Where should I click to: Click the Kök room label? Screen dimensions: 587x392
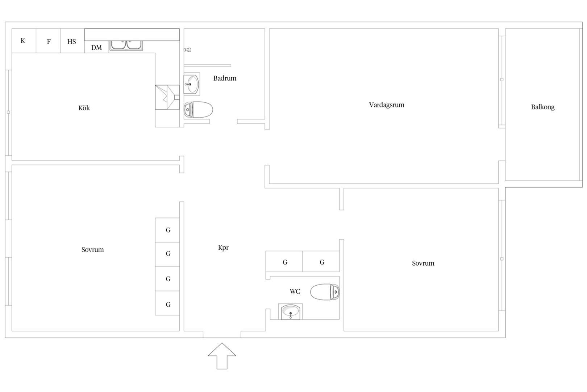(x=84, y=108)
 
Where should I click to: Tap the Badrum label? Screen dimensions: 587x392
(x=225, y=78)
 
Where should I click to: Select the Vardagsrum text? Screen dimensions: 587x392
(x=387, y=105)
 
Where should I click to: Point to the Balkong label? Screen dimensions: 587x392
(x=543, y=107)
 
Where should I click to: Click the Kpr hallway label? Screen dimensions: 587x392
(x=223, y=248)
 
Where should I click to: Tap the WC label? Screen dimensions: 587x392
(x=295, y=291)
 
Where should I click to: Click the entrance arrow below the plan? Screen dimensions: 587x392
(x=222, y=356)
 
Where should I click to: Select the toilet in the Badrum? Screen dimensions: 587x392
(x=198, y=110)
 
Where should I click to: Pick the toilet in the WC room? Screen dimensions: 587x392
(x=325, y=292)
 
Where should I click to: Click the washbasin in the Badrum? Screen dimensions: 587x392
(x=192, y=84)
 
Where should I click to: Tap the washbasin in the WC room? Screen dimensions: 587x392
(x=290, y=312)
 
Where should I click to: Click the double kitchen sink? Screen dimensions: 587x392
(x=126, y=45)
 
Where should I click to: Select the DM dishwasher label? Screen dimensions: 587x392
(x=96, y=48)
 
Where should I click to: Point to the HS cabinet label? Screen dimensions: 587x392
(x=71, y=41)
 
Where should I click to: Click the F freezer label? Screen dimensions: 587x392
(x=49, y=41)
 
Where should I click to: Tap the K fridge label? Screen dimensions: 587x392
(x=23, y=40)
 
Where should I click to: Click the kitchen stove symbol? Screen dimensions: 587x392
(x=167, y=97)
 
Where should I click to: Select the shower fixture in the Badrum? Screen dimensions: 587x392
(x=188, y=50)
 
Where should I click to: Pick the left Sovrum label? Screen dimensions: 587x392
(x=92, y=249)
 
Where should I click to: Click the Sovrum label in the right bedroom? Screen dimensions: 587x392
(x=423, y=263)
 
